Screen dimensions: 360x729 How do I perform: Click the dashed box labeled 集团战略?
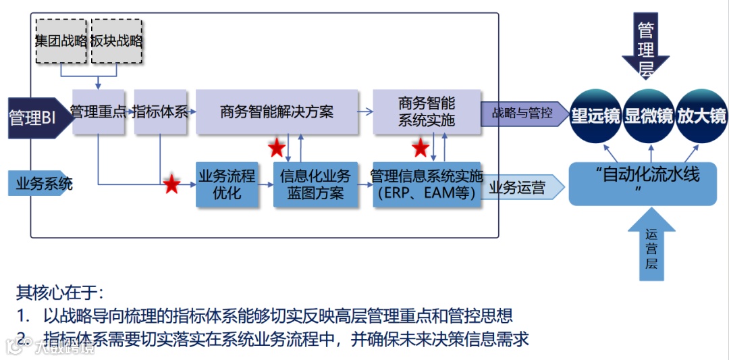(x=61, y=41)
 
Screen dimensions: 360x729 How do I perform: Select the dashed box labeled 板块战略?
(x=117, y=41)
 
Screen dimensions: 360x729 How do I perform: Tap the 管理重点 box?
(x=99, y=111)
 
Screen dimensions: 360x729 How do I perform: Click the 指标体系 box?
(x=160, y=111)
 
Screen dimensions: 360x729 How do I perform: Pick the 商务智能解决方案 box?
(x=277, y=111)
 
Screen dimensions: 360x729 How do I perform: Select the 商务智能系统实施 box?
(x=427, y=111)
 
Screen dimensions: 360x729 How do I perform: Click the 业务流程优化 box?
(x=227, y=184)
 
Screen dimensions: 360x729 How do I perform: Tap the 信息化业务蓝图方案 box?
(x=315, y=184)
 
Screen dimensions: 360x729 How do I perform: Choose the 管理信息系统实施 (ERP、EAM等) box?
(x=427, y=184)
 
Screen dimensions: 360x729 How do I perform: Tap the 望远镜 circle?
(x=595, y=115)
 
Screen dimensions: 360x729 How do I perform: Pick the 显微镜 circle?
(x=649, y=115)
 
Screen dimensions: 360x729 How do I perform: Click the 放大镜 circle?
(x=701, y=115)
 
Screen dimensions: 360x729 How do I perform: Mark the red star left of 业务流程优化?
(x=171, y=184)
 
